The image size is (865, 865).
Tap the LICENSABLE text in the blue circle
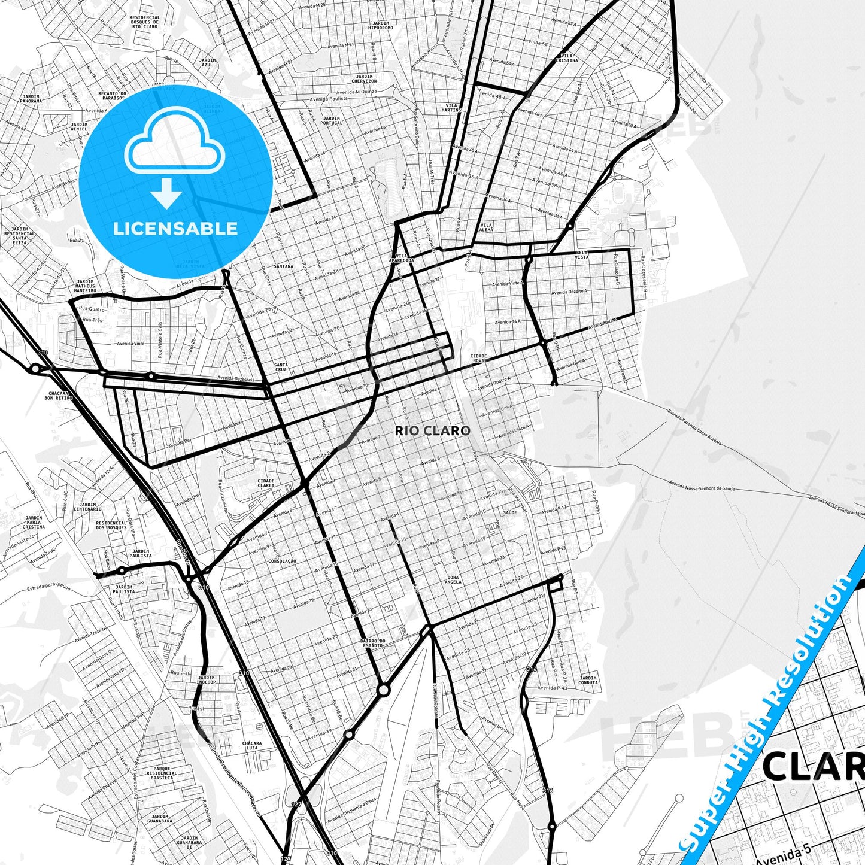click(x=175, y=229)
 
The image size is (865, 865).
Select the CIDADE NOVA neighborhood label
click(x=478, y=358)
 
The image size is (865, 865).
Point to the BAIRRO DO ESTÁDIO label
click(x=372, y=644)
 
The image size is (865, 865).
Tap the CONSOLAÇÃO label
click(x=283, y=561)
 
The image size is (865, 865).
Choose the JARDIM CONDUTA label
click(x=588, y=680)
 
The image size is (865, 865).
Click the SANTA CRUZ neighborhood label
click(x=281, y=367)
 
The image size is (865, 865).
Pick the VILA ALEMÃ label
click(x=487, y=227)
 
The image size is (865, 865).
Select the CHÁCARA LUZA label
click(x=252, y=745)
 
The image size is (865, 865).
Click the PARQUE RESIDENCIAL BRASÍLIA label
click(x=162, y=772)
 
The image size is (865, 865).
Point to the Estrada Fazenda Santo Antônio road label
click(x=694, y=427)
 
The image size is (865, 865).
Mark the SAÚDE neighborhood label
click(x=509, y=512)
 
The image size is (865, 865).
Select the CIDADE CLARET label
click(x=266, y=483)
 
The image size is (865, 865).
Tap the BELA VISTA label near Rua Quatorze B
click(x=581, y=255)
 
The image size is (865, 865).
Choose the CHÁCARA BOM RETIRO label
click(x=59, y=396)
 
